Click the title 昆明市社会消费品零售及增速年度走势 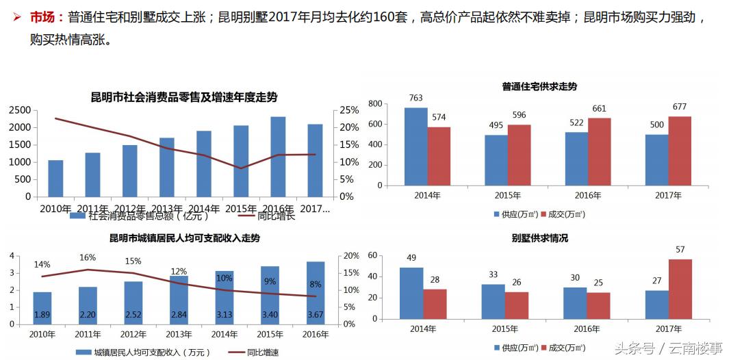(184, 97)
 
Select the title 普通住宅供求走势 (539, 87)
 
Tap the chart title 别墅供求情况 (539, 238)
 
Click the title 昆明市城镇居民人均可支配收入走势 (184, 238)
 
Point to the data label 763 (415, 98)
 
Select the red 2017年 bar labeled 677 (680, 151)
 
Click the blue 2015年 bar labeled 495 (496, 159)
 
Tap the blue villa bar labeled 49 (411, 292)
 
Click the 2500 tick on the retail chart (20, 110)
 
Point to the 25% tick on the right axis (349, 110)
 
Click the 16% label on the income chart (88, 257)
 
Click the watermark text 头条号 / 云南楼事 (668, 348)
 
